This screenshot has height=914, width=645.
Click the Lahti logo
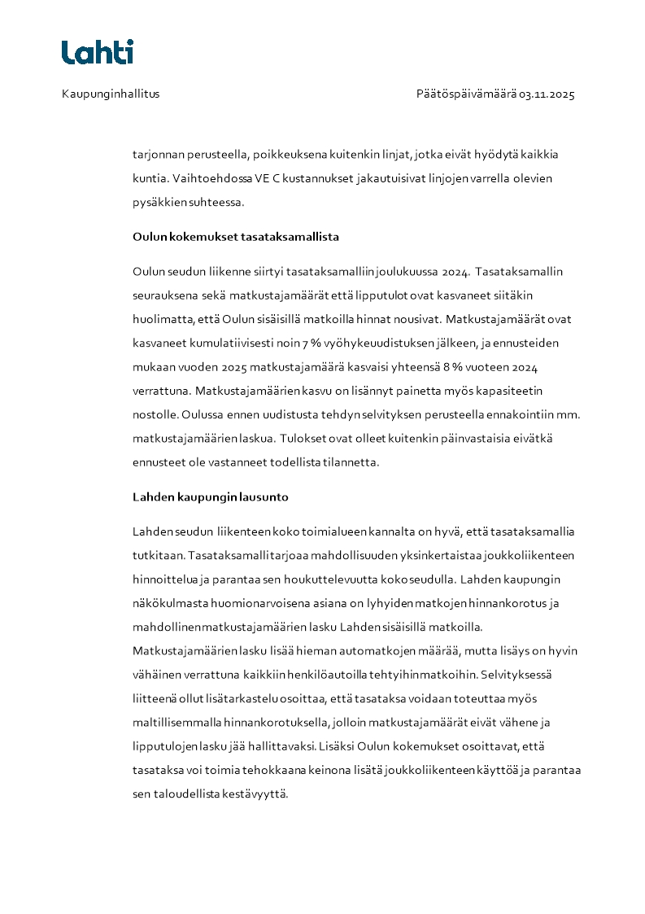click(98, 52)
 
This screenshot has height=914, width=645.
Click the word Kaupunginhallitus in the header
click(111, 94)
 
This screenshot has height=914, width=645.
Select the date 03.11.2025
click(547, 94)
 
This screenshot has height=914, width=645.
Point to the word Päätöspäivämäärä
click(466, 94)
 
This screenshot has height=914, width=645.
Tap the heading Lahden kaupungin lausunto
click(210, 496)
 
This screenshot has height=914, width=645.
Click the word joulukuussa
click(392, 271)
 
